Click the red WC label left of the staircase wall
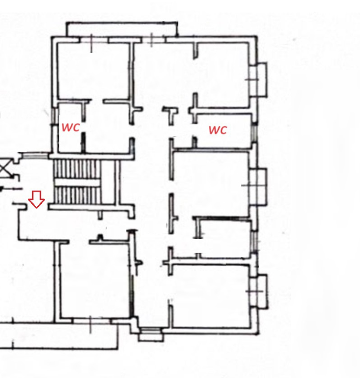(x=70, y=127)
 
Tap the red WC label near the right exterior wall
(x=218, y=130)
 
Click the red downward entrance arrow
(x=36, y=199)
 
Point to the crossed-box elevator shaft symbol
(x=4, y=168)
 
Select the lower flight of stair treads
(x=77, y=195)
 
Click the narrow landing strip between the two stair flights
(x=77, y=183)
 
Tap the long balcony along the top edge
(x=122, y=29)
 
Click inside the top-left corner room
(x=93, y=70)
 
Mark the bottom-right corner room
(x=210, y=296)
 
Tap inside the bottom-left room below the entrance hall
(x=94, y=280)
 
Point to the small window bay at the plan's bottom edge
(x=151, y=334)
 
